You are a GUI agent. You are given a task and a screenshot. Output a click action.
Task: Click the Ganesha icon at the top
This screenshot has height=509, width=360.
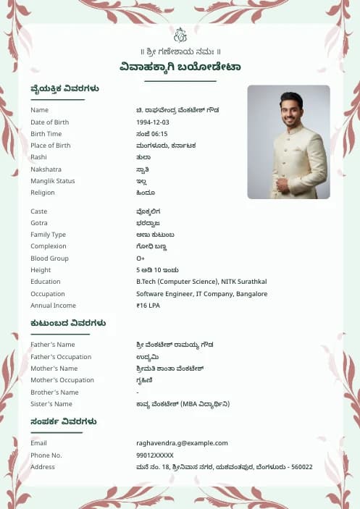point(180,35)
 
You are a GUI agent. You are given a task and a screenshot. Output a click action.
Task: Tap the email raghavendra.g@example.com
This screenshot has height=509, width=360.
point(182,443)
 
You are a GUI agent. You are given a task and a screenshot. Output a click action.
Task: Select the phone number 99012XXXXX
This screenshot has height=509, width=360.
point(155,455)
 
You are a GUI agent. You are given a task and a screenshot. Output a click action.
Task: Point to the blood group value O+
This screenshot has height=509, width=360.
point(141,258)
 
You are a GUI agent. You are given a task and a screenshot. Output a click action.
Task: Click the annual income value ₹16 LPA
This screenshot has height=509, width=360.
point(148,306)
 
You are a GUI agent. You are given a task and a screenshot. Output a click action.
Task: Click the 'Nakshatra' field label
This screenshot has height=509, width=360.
point(46,169)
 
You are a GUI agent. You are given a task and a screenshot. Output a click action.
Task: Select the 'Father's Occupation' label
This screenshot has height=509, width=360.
point(61,357)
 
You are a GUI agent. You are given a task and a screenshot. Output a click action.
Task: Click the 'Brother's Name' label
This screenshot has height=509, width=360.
point(54,392)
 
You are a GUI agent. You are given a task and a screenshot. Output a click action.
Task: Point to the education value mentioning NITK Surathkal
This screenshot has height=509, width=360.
point(201,282)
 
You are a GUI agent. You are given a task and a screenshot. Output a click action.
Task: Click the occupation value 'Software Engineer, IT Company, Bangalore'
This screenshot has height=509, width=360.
point(201,294)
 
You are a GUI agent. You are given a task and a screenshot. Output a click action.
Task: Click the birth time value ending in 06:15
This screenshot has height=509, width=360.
point(151,134)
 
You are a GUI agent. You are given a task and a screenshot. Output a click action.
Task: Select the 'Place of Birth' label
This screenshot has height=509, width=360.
point(51,146)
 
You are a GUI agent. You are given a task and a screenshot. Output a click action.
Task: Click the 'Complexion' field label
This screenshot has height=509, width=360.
point(49,246)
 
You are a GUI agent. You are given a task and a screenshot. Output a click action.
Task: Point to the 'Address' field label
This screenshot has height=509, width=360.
point(43,467)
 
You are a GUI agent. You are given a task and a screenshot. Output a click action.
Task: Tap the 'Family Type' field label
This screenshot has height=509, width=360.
point(48,235)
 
